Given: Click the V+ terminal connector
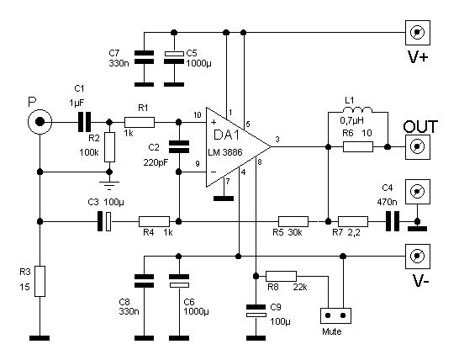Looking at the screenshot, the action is click(418, 33).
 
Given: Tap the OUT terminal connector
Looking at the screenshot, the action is click(418, 146).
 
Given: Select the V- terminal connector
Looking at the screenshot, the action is click(418, 257).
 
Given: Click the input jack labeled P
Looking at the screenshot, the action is click(40, 122).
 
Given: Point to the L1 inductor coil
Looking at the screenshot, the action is click(357, 110).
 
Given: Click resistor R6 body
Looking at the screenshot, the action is click(358, 146).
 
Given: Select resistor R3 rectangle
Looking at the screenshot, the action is click(40, 281).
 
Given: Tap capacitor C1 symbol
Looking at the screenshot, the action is click(85, 122).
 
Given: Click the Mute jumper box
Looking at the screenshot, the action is click(335, 315).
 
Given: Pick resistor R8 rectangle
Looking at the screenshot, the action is click(281, 276).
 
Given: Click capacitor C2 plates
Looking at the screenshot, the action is click(179, 147).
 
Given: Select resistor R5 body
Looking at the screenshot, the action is click(293, 222).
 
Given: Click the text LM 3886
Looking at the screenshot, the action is click(225, 152).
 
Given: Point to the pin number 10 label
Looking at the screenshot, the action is click(198, 115).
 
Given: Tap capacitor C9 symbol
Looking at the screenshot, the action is click(256, 310).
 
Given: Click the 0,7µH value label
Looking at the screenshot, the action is click(352, 120).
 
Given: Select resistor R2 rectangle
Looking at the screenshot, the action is click(110, 147).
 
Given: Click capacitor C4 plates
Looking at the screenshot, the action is click(393, 221).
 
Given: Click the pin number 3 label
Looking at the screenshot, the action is click(277, 140).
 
